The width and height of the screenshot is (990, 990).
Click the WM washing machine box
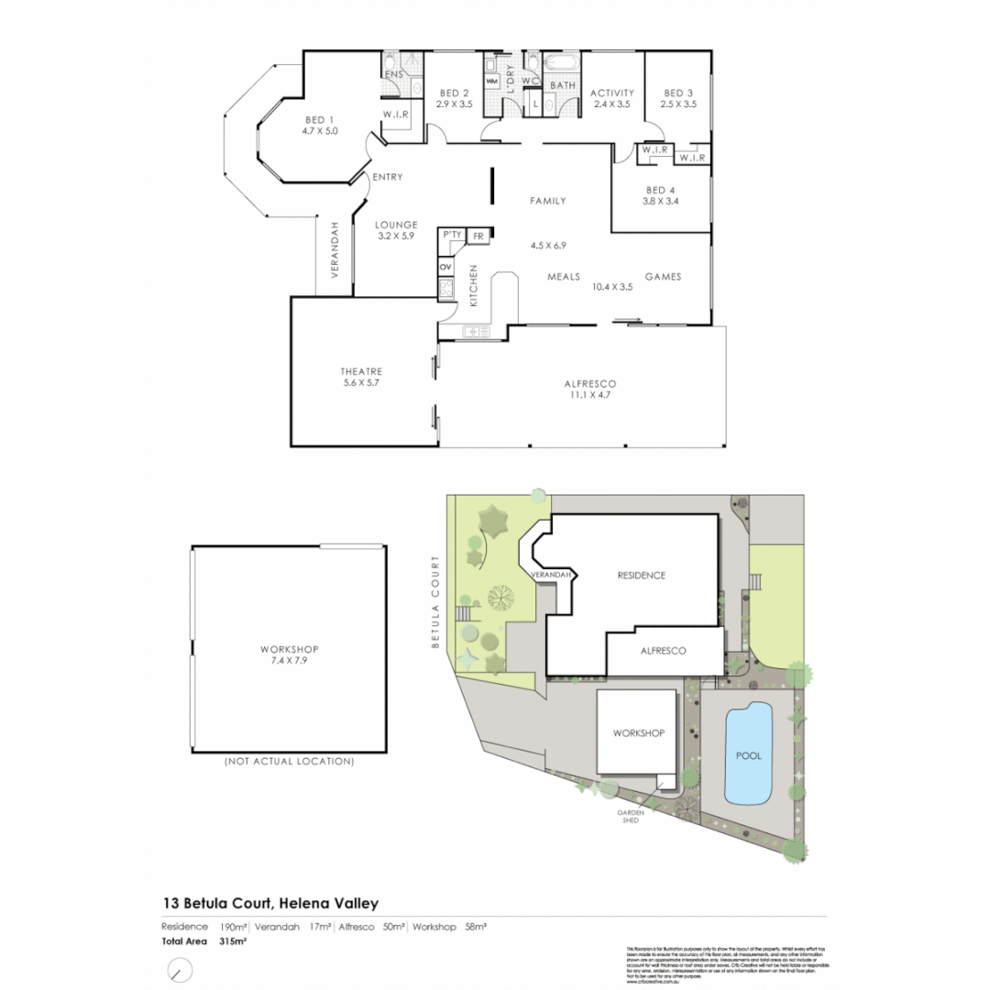(x=492, y=82)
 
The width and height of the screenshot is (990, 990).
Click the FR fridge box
(x=478, y=236)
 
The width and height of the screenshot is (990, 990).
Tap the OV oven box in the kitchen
(x=446, y=267)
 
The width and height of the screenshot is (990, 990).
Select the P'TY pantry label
(x=452, y=236)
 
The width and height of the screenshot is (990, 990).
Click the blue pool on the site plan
(x=748, y=755)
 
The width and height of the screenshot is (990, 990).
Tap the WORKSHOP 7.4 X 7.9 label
(x=289, y=654)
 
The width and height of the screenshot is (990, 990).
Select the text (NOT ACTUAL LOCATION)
(x=289, y=761)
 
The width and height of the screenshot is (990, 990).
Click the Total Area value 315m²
(x=234, y=940)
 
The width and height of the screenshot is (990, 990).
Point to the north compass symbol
(x=180, y=970)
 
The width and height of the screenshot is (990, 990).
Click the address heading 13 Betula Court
(x=270, y=903)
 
